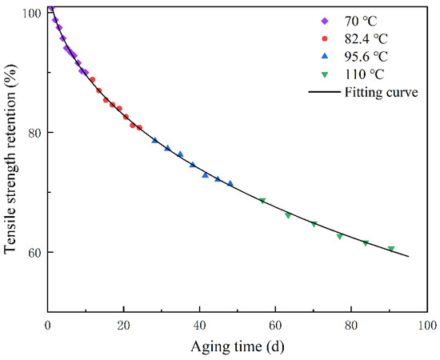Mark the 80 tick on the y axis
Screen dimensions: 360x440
35,133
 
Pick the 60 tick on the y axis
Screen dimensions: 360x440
35,252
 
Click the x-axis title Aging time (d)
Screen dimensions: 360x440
238,345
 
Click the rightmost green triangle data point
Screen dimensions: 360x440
391,249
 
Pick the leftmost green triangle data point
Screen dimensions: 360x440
262,200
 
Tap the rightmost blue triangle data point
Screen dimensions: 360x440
230,183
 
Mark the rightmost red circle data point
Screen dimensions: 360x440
139,127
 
